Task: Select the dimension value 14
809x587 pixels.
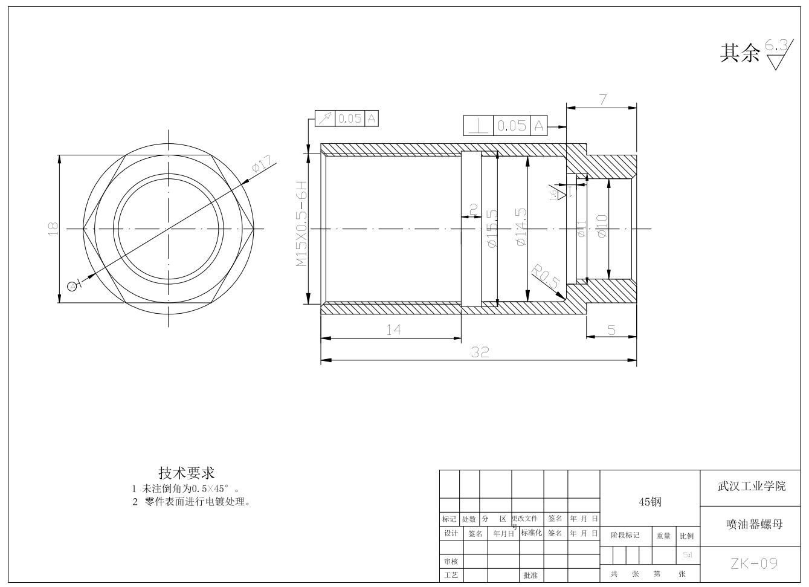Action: coord(393,329)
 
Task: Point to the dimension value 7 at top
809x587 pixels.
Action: coord(602,100)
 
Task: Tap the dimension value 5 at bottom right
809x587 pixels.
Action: coord(611,330)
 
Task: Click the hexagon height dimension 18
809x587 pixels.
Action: coord(53,229)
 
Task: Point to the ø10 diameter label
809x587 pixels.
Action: coord(602,225)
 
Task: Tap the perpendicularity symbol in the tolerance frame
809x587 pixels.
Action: coord(479,126)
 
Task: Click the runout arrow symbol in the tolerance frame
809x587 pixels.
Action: coord(324,118)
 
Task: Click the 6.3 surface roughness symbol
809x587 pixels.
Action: coord(778,54)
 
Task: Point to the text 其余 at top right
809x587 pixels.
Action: coord(739,53)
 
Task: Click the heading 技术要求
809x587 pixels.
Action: coord(187,472)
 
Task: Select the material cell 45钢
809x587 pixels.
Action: coord(650,502)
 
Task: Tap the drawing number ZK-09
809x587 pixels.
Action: coord(753,563)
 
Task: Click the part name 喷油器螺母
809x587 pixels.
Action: coord(754,524)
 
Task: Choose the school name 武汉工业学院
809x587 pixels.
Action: coord(752,486)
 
